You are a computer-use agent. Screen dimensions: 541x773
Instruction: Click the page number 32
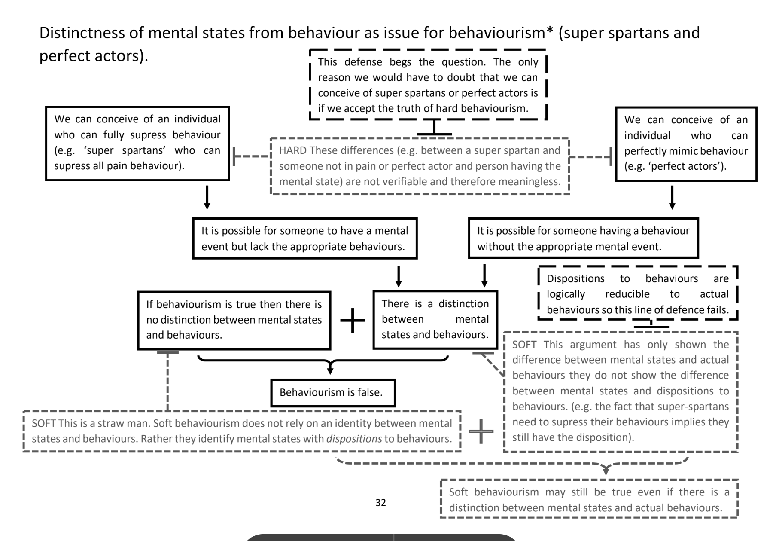(380, 502)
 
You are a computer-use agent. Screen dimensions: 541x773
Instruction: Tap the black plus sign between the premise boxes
(352, 320)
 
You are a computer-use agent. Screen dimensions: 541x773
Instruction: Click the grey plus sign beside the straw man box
(481, 431)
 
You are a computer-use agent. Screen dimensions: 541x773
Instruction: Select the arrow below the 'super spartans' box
(207, 197)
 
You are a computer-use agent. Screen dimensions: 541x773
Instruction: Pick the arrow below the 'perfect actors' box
(672, 197)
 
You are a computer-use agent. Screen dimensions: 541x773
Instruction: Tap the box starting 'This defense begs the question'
(428, 85)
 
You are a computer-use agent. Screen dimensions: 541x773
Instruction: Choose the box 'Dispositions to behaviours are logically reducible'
(637, 294)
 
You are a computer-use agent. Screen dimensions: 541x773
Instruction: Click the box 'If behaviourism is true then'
(234, 320)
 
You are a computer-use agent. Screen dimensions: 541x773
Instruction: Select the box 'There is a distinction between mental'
(435, 319)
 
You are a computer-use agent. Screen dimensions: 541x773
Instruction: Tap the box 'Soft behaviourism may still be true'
(589, 500)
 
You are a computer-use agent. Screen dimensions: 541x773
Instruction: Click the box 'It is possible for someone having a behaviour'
(583, 238)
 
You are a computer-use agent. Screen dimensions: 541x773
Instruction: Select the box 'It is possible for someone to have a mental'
(304, 238)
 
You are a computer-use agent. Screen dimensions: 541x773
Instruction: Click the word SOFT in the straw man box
(43, 423)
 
